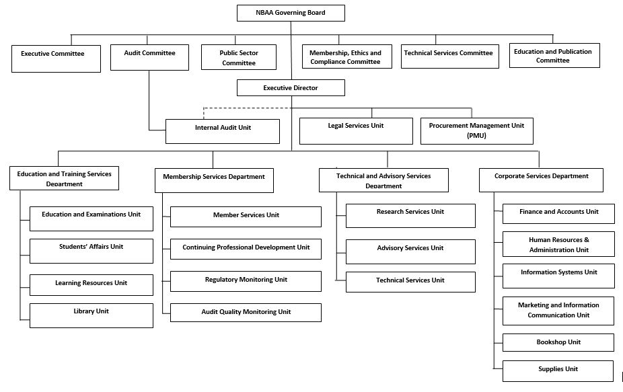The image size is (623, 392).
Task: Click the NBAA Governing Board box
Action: [x=291, y=13]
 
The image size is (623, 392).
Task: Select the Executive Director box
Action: [x=291, y=88]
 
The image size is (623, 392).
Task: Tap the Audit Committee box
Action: [x=149, y=57]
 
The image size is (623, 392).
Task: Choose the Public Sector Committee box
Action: [x=239, y=57]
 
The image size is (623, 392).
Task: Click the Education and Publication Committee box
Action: [x=554, y=56]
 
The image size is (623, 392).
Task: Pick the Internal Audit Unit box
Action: [x=223, y=131]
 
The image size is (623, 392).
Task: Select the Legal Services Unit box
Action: [x=356, y=131]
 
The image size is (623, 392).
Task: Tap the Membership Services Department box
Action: [x=214, y=180]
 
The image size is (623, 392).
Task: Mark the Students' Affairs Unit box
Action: [x=91, y=251]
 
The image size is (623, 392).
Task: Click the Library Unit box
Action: [x=91, y=315]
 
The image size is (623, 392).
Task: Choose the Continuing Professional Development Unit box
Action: [x=246, y=248]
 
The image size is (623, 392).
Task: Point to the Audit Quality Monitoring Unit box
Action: [x=246, y=313]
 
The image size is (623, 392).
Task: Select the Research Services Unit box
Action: [x=410, y=215]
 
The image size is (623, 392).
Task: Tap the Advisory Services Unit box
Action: [x=410, y=251]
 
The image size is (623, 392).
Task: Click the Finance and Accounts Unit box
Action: [x=558, y=214]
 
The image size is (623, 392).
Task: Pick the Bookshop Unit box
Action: [x=558, y=342]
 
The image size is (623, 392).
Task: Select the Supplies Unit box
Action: [x=558, y=371]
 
